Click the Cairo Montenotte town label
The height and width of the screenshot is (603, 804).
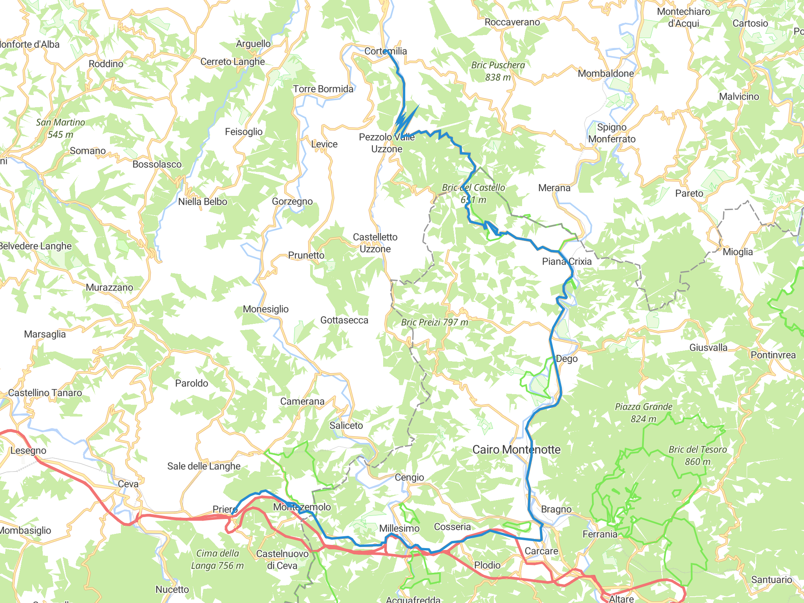pyautogui.click(x=516, y=450)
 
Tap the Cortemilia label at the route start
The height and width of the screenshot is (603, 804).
pyautogui.click(x=386, y=51)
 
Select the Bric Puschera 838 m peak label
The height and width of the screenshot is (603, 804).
pyautogui.click(x=498, y=71)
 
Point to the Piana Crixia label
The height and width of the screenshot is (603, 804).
pyautogui.click(x=566, y=261)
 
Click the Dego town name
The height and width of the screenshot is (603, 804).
pyautogui.click(x=566, y=358)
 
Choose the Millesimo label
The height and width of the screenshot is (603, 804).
pyautogui.click(x=399, y=528)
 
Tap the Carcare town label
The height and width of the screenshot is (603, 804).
pyautogui.click(x=541, y=551)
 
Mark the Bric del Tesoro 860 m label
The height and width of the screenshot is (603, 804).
pyautogui.click(x=698, y=455)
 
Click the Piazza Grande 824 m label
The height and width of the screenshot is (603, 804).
pyautogui.click(x=643, y=413)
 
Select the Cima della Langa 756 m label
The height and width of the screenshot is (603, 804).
pyautogui.click(x=217, y=559)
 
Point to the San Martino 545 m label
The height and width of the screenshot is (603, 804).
pyautogui.click(x=60, y=128)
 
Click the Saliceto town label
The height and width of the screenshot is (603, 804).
pyautogui.click(x=346, y=426)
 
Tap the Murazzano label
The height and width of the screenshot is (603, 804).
pyautogui.click(x=110, y=287)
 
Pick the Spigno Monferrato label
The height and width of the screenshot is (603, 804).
pyautogui.click(x=612, y=133)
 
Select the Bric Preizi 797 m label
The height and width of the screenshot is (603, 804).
pyautogui.click(x=435, y=322)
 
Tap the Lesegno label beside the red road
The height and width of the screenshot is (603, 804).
pyautogui.click(x=28, y=450)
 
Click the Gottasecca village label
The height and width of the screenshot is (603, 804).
pyautogui.click(x=344, y=320)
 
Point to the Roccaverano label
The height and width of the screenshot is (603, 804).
pyautogui.click(x=512, y=22)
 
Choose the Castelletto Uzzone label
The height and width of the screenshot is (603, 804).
pyautogui.click(x=375, y=243)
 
